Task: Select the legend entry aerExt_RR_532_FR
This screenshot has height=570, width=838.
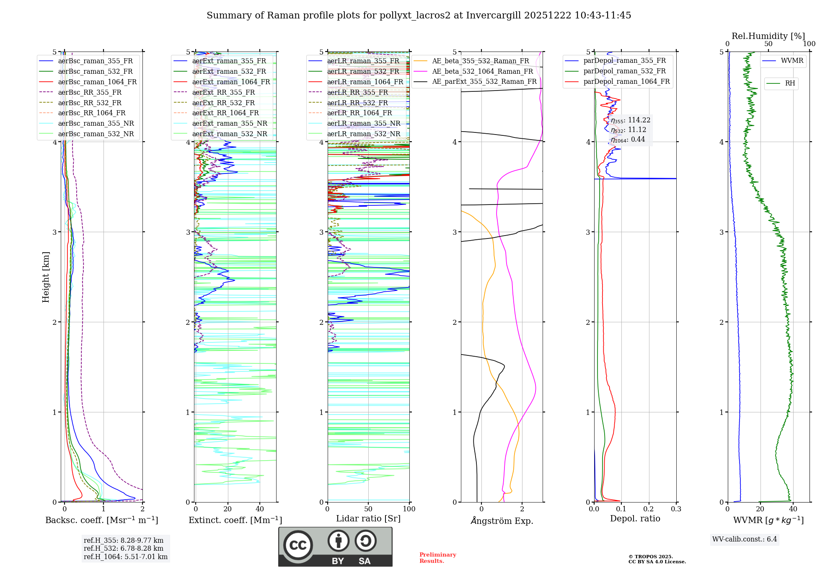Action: [223, 103]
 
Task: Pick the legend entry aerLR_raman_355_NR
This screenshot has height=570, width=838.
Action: [363, 123]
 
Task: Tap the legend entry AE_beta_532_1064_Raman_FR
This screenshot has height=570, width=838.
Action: [482, 71]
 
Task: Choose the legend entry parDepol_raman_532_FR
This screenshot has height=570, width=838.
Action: [624, 71]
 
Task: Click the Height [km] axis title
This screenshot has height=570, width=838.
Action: [46, 277]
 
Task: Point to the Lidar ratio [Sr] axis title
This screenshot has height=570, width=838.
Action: [368, 518]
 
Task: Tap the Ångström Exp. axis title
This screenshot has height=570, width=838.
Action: [502, 521]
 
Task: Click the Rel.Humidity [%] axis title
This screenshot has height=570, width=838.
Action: [768, 36]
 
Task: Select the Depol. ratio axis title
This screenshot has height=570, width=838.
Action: [635, 518]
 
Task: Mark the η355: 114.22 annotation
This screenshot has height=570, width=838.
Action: [630, 120]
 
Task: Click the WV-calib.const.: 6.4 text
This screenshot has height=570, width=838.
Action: [745, 539]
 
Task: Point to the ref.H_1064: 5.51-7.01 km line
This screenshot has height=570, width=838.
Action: [126, 557]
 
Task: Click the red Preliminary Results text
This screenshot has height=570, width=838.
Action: [437, 557]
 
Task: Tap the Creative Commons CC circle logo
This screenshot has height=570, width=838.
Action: [298, 545]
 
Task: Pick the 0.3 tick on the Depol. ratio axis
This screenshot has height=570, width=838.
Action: [676, 509]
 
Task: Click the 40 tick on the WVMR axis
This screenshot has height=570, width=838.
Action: [793, 509]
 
